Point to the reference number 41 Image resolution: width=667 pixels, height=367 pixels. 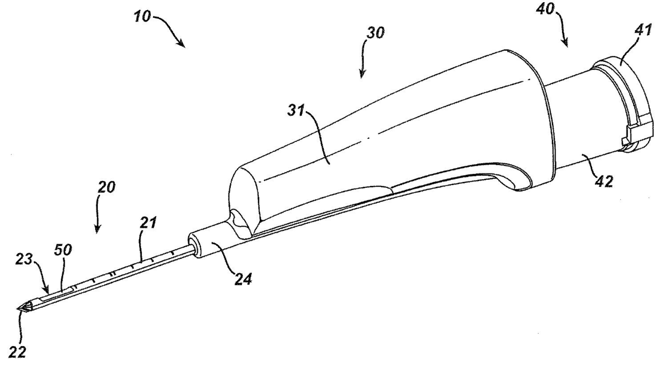pyautogui.click(x=641, y=31)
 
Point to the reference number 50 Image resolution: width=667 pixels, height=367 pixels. pyautogui.click(x=63, y=250)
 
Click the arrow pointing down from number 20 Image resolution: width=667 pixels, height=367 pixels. pyautogui.click(x=98, y=218)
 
